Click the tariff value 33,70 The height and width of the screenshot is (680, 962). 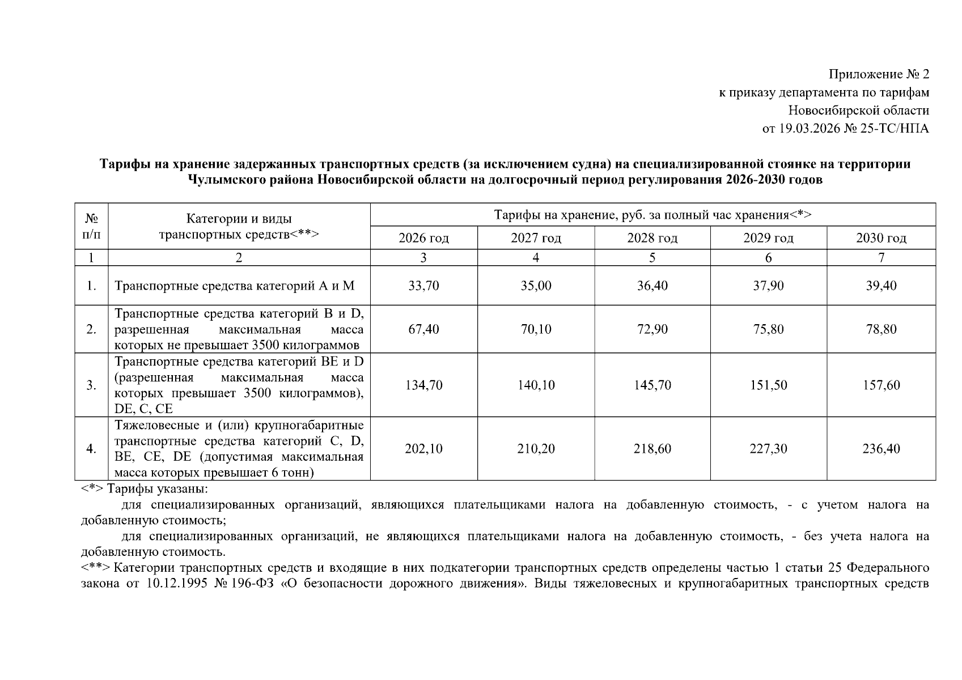click(423, 286)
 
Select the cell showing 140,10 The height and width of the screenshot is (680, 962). click(536, 385)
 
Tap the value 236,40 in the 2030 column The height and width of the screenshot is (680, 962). click(881, 449)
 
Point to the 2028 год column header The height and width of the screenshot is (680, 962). click(652, 238)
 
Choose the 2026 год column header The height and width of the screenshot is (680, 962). click(423, 238)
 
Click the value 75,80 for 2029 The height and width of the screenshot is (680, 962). click(768, 329)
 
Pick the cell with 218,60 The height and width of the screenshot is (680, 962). click(652, 449)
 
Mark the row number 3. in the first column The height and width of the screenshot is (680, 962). click(91, 385)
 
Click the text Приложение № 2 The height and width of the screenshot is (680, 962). click(879, 74)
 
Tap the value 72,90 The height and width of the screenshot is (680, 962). click(652, 329)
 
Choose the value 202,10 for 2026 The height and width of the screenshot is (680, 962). click(423, 449)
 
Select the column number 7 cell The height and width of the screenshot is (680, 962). click(881, 258)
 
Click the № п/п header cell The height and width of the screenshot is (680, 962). click(91, 226)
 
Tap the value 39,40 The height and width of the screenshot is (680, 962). click(881, 286)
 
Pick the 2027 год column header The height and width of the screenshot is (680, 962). click(536, 238)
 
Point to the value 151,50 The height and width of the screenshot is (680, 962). click(768, 385)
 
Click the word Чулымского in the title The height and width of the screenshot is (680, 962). click(222, 180)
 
